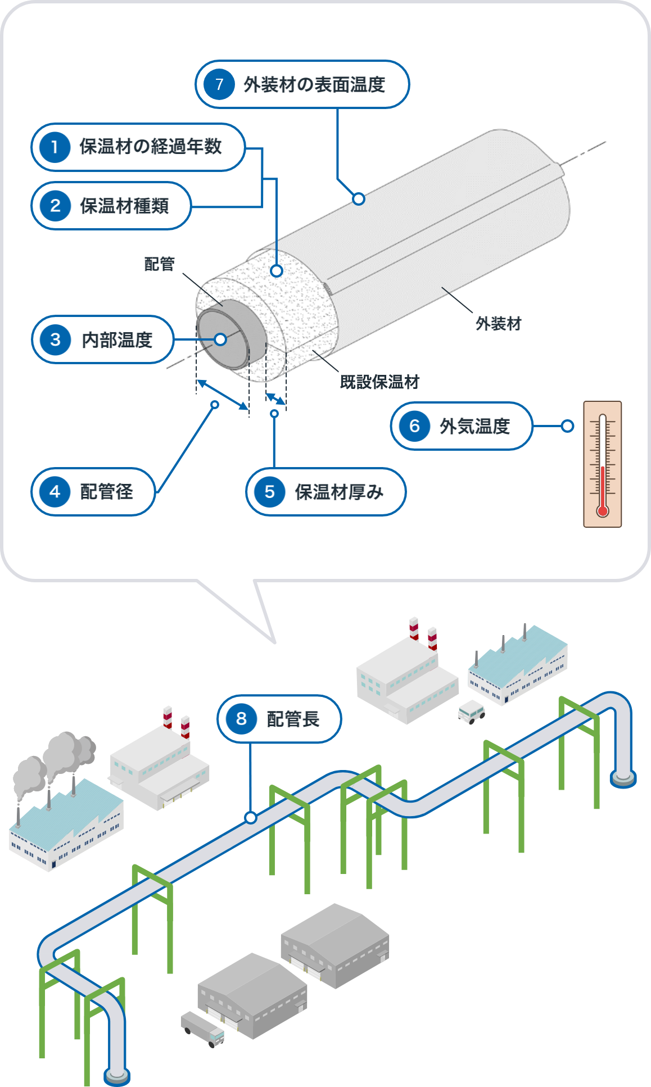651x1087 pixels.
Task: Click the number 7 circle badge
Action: pos(219,84)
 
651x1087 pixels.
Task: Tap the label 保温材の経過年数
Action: pos(151,147)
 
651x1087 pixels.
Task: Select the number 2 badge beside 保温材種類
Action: pos(55,206)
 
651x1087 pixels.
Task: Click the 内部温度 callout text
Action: pos(117,340)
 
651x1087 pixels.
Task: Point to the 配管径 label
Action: pos(107,492)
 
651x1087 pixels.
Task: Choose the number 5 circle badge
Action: pos(270,492)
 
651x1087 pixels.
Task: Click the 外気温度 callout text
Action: pos(474,426)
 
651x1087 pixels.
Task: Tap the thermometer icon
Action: pos(602,464)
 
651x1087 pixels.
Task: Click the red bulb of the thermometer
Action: pos(603,511)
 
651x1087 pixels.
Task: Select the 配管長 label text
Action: pos(293,719)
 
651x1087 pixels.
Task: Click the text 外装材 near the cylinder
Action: pos(499,324)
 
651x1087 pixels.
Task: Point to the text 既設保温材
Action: pos(379,382)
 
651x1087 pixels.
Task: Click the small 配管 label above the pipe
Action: pos(160,264)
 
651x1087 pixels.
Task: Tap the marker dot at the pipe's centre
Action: pos(220,339)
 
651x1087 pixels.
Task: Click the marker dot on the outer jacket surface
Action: pos(359,198)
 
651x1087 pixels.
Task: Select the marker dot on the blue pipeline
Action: pos(251,818)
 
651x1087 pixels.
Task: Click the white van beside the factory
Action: pos(471,712)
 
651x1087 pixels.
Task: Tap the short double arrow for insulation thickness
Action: pos(275,399)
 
